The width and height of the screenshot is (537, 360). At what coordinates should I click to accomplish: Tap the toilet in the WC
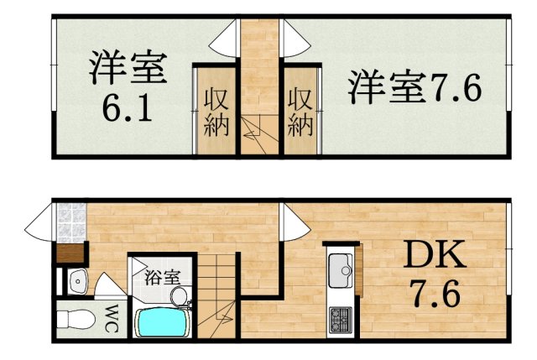coord(73,320)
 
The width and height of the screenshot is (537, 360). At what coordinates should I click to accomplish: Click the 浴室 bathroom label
coord(159,274)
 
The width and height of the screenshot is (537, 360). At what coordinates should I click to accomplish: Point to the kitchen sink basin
coord(341,269)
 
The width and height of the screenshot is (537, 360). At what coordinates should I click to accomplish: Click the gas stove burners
coord(341,320)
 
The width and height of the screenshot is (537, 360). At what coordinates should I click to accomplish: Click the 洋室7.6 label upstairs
coord(416,86)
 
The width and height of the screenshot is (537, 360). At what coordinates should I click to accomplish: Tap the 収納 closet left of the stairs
coord(215,111)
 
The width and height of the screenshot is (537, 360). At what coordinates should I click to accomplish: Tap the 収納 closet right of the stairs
coord(300,111)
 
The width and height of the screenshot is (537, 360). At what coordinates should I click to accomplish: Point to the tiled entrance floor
coord(70,222)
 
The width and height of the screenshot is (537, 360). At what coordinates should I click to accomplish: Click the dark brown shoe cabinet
coord(70,253)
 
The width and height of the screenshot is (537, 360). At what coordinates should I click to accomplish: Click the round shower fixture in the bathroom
coord(178,296)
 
